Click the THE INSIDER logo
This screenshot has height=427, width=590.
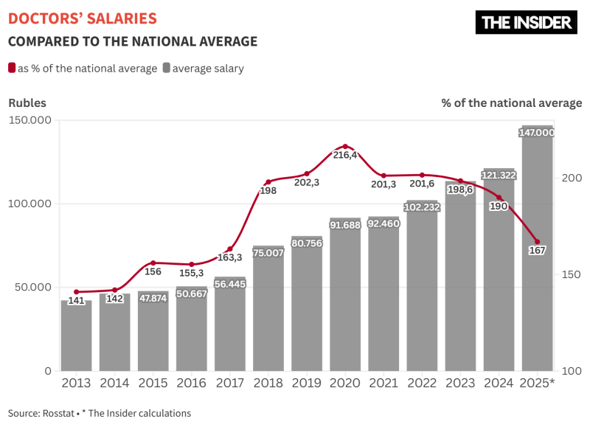point(526,22)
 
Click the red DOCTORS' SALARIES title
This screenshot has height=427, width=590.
point(82,18)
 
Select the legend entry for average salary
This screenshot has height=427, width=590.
point(203,69)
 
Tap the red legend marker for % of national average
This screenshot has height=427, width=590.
point(12,68)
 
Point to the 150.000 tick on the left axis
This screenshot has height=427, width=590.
point(29,120)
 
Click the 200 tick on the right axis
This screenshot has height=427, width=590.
point(572,178)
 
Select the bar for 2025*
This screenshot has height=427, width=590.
point(537,251)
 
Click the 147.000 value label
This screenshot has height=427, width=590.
point(537,133)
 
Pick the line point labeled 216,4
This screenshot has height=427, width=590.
point(345,147)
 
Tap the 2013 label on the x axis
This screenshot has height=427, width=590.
point(76,383)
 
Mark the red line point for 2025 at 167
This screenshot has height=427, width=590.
point(537,242)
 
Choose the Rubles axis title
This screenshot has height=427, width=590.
point(27,103)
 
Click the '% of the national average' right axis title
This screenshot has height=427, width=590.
point(511,103)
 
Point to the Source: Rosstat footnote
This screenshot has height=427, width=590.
point(100,413)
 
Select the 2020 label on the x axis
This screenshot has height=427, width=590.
point(345,383)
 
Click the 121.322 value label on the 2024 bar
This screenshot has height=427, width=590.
point(499,176)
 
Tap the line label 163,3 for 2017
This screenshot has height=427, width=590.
point(229,258)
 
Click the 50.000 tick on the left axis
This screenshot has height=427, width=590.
point(29,287)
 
